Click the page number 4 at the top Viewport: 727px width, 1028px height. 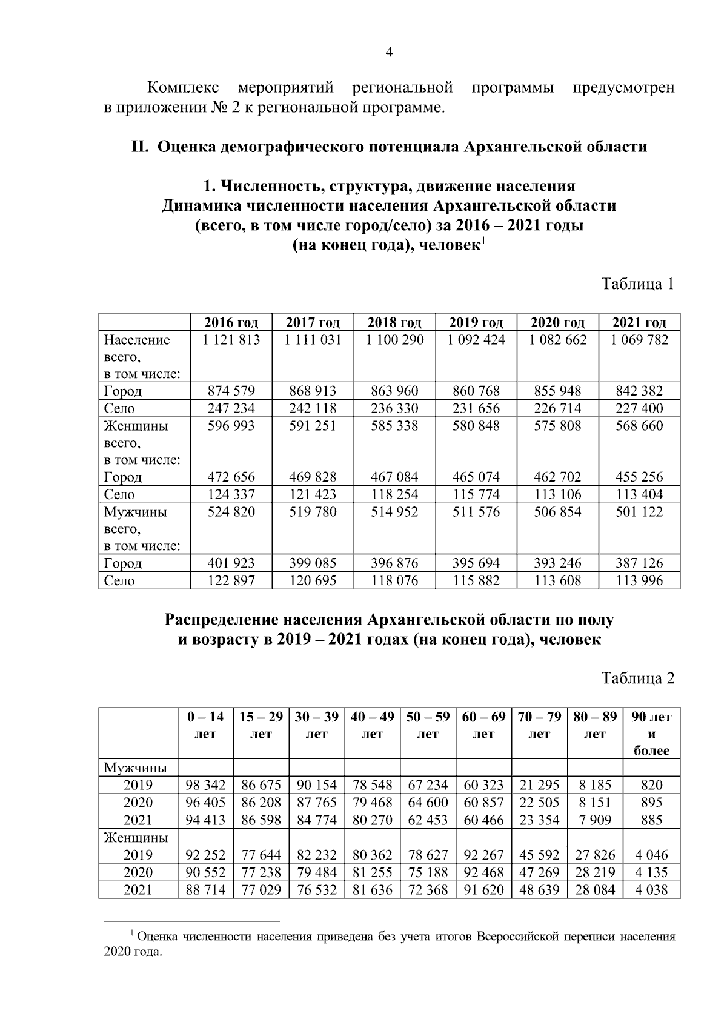[x=390, y=53]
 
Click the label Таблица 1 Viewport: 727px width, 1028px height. [x=637, y=284]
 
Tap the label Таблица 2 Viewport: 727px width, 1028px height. [x=637, y=678]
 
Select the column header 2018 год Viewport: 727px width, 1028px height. [x=394, y=322]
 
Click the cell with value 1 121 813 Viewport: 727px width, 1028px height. [x=231, y=340]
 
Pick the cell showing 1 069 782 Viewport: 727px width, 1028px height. [x=639, y=340]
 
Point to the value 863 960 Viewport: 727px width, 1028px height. [x=394, y=391]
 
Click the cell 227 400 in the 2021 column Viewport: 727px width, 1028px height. [x=639, y=408]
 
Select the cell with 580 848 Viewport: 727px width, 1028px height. [x=476, y=426]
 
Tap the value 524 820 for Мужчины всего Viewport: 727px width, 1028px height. [x=231, y=512]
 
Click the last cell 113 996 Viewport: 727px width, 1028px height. [x=639, y=580]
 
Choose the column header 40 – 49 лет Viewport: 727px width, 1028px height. [x=372, y=725]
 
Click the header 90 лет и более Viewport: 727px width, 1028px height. [x=651, y=734]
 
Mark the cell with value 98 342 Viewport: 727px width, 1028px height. [x=206, y=785]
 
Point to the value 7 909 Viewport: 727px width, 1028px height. [x=594, y=820]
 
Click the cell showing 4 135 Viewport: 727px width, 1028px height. [x=651, y=872]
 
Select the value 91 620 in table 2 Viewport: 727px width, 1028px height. [x=483, y=890]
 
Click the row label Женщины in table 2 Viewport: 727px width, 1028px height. [x=136, y=838]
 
